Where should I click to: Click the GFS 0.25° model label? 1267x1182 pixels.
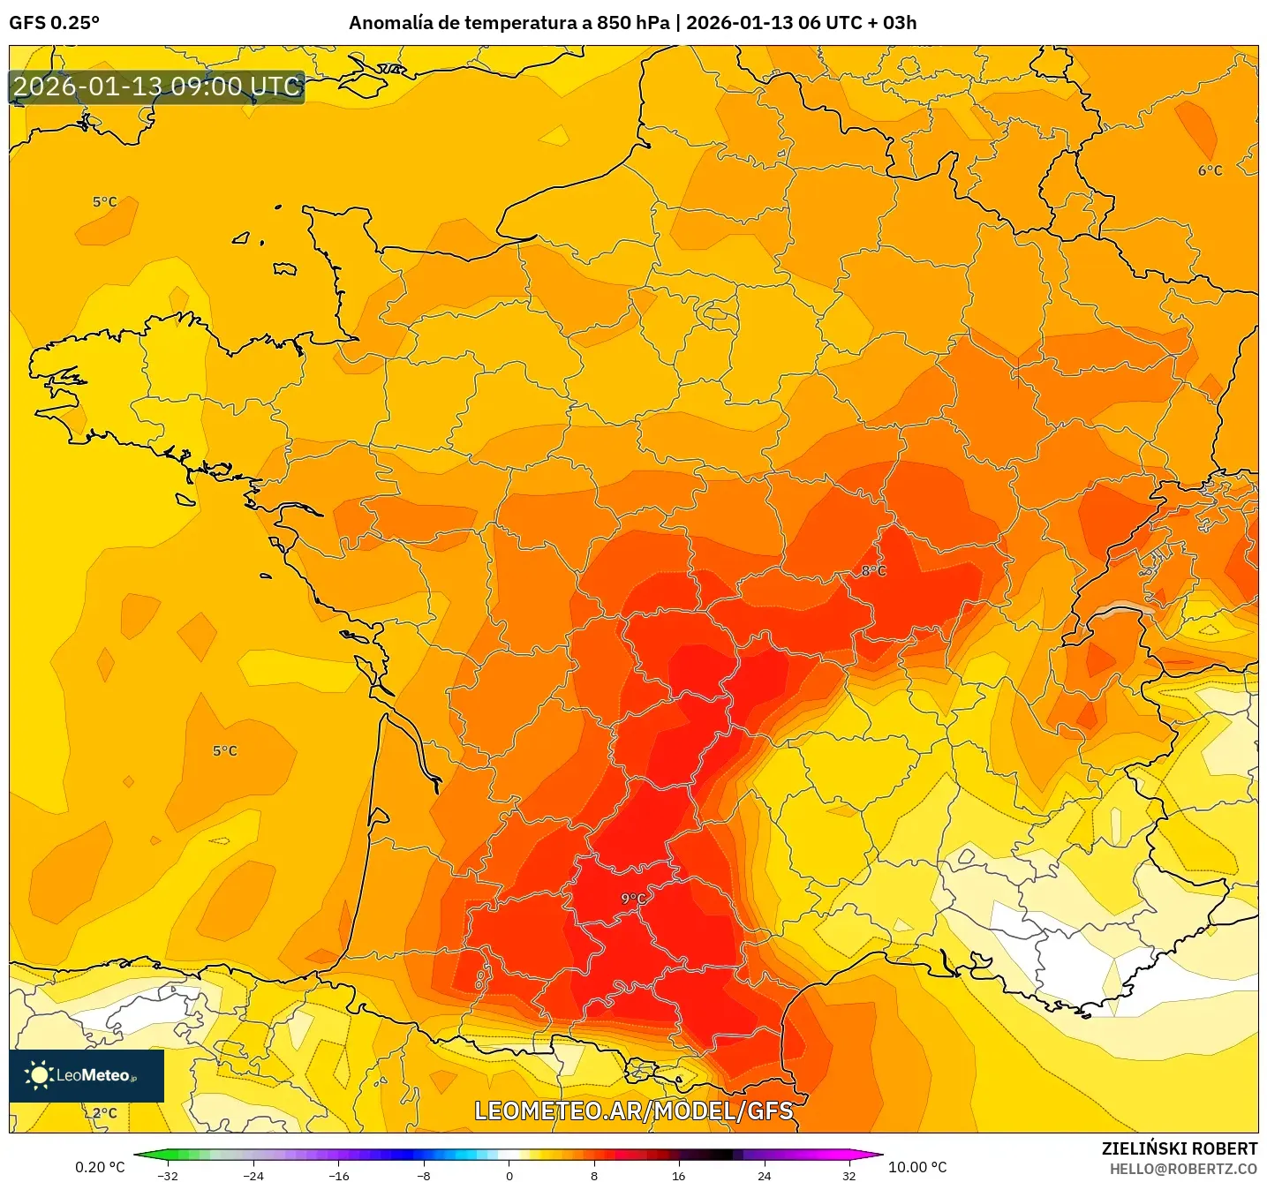(54, 23)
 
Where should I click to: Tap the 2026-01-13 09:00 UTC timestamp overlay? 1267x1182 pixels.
(157, 87)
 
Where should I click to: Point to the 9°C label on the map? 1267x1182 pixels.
(633, 899)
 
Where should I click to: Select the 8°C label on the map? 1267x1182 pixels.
(873, 571)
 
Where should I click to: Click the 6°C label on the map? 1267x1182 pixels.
(1210, 170)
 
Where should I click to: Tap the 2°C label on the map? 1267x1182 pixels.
(105, 1112)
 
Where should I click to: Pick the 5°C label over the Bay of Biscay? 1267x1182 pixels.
(224, 751)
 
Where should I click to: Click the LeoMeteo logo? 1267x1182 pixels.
(87, 1075)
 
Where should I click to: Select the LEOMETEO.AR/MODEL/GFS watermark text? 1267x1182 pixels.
(633, 1110)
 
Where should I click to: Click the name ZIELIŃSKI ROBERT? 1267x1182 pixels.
(1180, 1148)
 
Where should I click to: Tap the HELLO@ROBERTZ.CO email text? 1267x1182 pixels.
(1183, 1169)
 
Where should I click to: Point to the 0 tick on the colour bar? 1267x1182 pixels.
(509, 1175)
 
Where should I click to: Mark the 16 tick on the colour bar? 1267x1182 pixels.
(678, 1175)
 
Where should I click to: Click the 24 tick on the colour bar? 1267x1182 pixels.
(764, 1175)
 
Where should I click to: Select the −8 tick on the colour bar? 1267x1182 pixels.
(424, 1175)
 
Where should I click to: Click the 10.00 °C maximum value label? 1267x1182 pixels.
(917, 1167)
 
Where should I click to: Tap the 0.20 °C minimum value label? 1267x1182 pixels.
(100, 1167)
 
